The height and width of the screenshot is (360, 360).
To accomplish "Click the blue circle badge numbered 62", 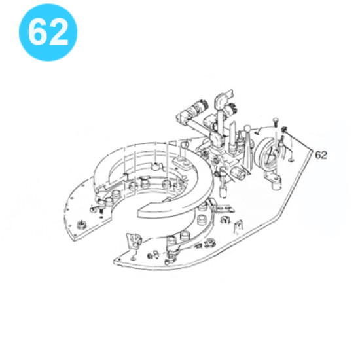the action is tap(48, 32).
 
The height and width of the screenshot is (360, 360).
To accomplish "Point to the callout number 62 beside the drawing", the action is tap(321, 155).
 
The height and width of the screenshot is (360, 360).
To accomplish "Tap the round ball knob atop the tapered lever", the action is tap(247, 128).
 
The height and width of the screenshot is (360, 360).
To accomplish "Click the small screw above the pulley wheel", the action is tap(276, 122).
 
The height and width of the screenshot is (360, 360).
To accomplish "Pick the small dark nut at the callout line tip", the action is tap(285, 130).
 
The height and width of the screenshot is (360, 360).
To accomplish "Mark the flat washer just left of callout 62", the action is tap(291, 160).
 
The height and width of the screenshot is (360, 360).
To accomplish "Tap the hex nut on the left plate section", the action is tap(81, 225).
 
